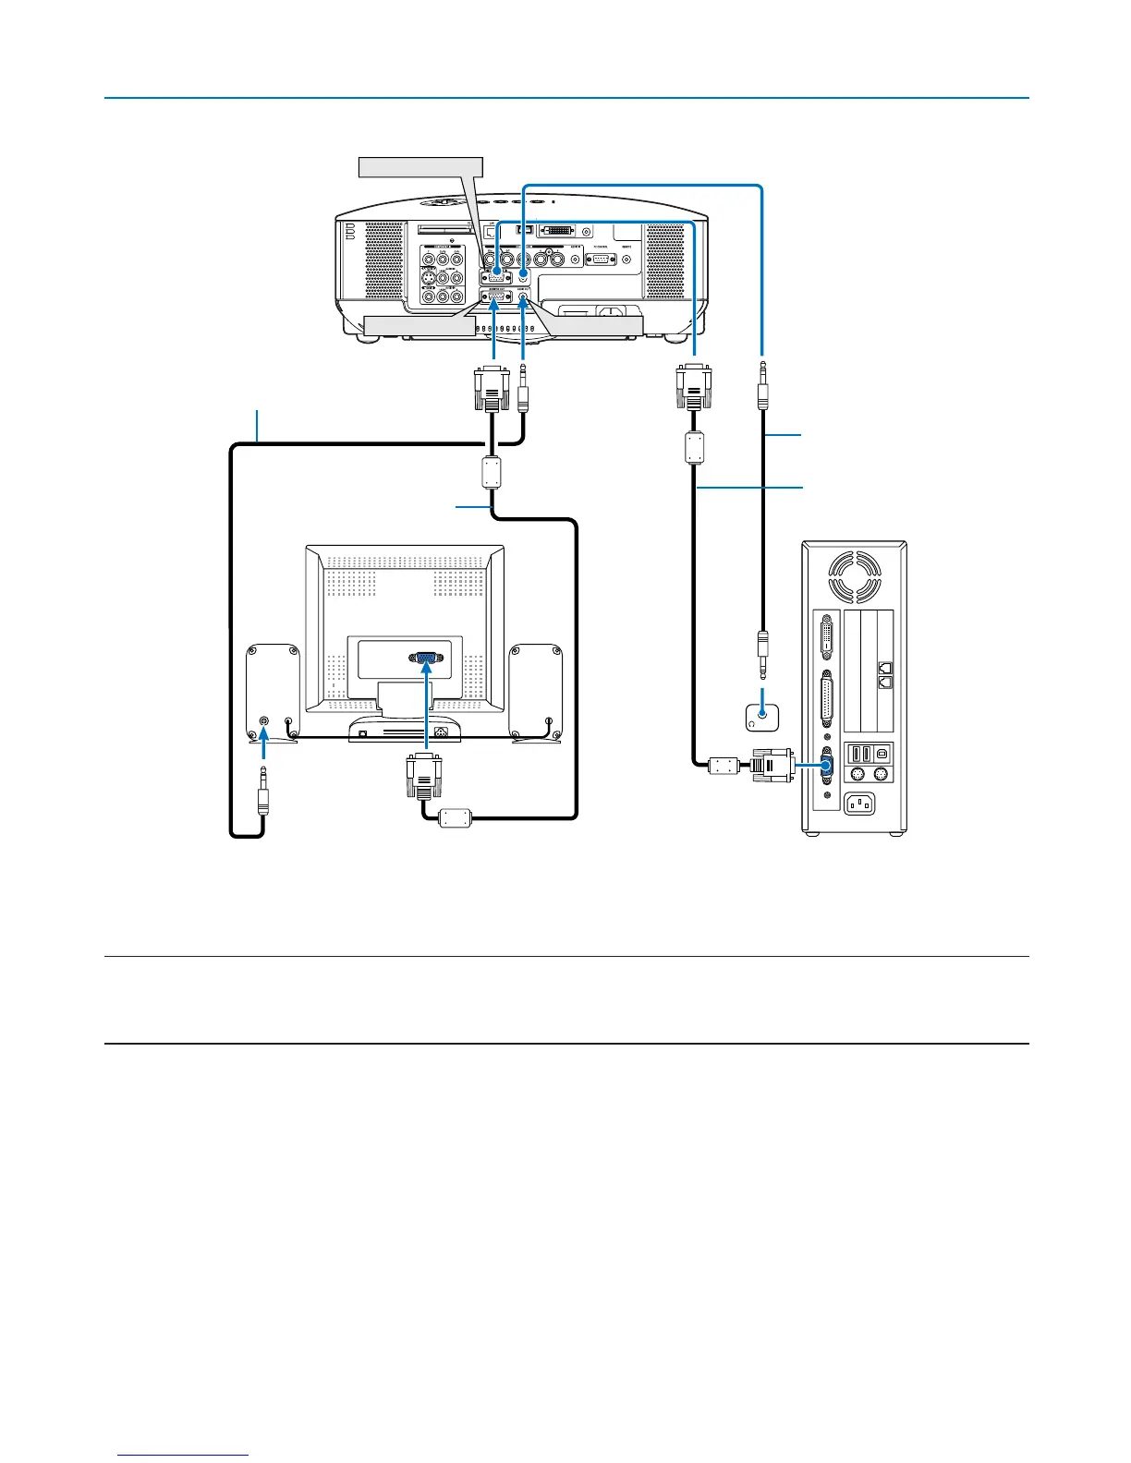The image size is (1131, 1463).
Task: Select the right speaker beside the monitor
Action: pos(536,693)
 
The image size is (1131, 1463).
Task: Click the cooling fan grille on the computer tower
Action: pos(854,577)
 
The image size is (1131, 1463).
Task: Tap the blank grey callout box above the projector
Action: pos(420,167)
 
